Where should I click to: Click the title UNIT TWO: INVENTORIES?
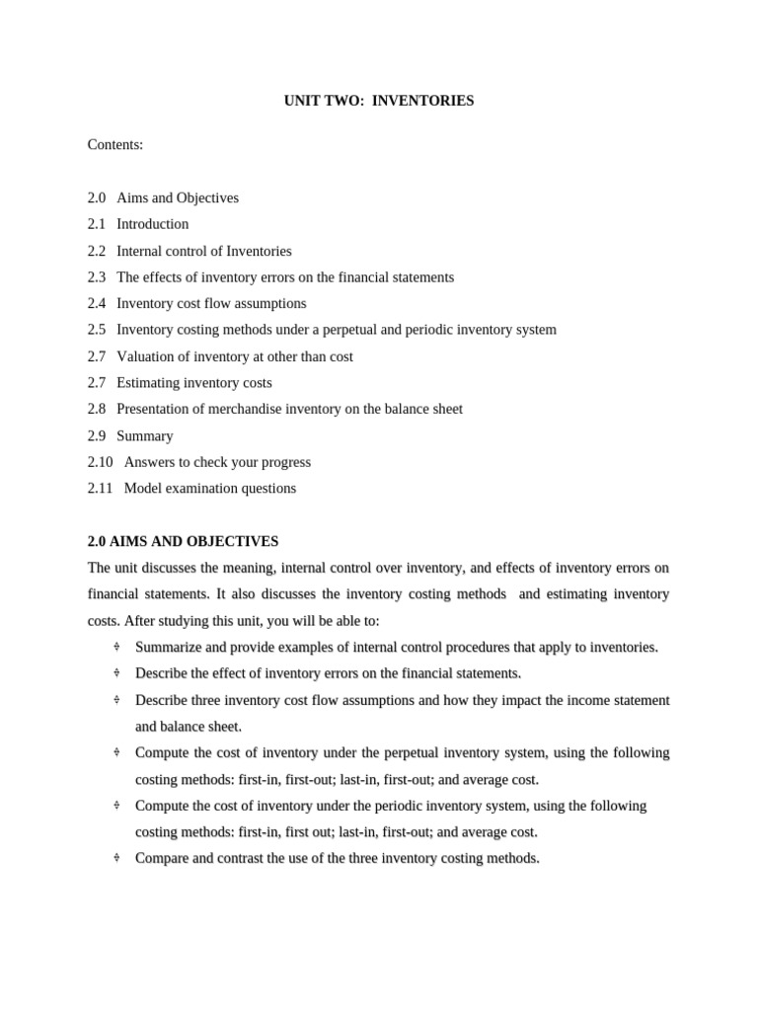click(x=379, y=101)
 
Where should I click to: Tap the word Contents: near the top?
click(x=115, y=145)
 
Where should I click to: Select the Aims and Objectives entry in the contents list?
click(x=178, y=197)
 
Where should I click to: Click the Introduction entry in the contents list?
click(x=152, y=224)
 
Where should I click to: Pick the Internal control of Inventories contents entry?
click(x=203, y=251)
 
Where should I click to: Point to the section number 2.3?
click(x=97, y=277)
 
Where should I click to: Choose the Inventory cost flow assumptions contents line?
click(x=211, y=303)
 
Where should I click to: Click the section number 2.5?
click(x=97, y=330)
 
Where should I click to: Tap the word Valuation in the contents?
click(x=145, y=356)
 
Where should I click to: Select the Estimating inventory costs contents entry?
click(x=193, y=383)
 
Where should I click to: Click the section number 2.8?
click(x=97, y=409)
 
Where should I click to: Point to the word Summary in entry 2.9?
click(x=144, y=435)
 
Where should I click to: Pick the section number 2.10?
click(x=101, y=462)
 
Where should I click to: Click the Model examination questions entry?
click(x=209, y=489)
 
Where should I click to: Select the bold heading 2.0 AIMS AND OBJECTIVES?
click(x=184, y=541)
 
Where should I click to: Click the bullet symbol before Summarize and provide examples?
click(x=116, y=647)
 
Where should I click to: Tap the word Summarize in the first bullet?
click(x=167, y=647)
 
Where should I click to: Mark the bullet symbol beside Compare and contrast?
click(x=116, y=858)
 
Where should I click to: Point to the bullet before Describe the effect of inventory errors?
click(x=116, y=673)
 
